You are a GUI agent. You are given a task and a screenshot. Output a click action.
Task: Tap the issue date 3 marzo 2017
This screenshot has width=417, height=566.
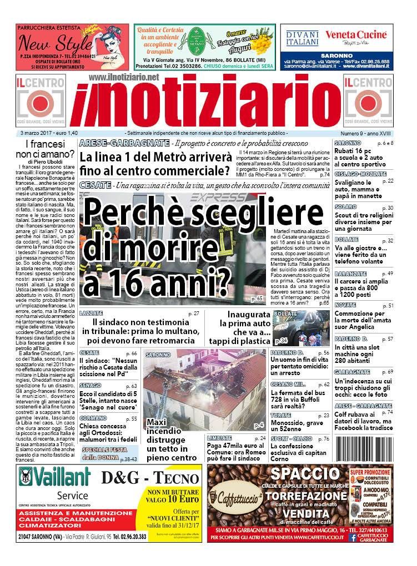(41, 134)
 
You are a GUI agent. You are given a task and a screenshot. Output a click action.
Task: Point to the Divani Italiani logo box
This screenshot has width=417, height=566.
(302, 38)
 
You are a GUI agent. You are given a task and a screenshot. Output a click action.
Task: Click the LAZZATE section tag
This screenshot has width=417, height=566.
(91, 314)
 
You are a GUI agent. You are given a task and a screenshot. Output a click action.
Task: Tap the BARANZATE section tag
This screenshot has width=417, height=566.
(350, 274)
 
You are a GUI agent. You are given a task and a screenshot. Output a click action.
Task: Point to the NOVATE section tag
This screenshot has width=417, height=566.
(345, 305)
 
